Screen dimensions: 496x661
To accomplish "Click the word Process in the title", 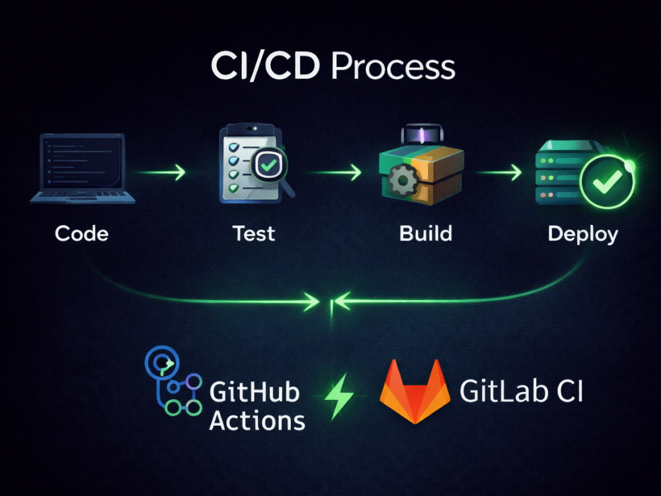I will (x=393, y=67).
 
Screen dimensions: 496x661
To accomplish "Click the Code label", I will (x=81, y=233).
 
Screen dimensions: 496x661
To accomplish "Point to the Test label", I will (x=254, y=233).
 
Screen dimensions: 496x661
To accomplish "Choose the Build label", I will (x=426, y=233).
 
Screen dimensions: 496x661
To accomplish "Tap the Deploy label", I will (x=583, y=233).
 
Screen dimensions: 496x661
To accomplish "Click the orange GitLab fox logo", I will (x=415, y=392).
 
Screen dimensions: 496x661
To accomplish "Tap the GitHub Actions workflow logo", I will (x=172, y=384).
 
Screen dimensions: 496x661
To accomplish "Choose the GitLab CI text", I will (x=522, y=392).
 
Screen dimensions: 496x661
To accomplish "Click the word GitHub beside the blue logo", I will (x=254, y=392).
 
